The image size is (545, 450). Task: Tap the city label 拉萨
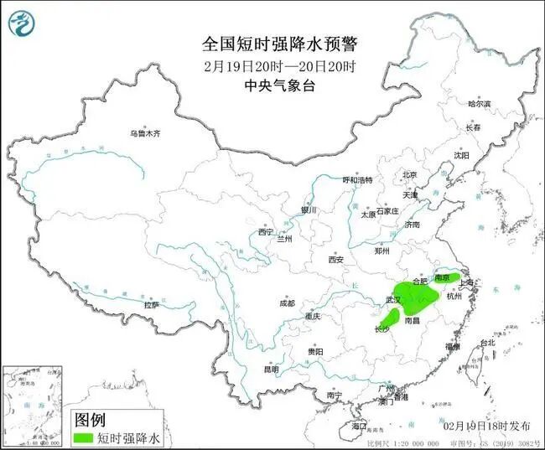pos(151,305)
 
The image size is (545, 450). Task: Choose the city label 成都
pos(288,303)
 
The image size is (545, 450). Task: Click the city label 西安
pos(336,260)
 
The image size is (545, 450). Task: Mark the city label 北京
pos(409,174)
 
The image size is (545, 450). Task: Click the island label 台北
pos(487,343)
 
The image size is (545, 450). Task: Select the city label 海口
pos(358,427)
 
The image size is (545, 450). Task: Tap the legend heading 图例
pos(91,419)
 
